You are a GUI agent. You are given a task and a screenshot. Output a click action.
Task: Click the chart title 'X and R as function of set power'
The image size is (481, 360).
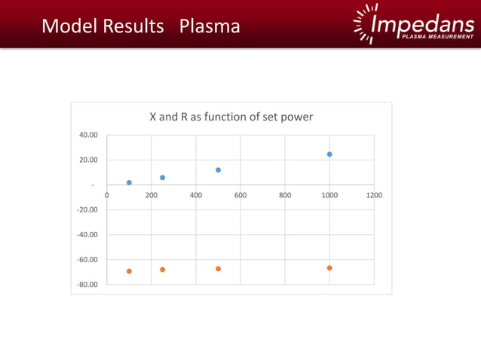(231, 117)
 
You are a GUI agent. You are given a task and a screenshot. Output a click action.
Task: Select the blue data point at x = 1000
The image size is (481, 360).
(329, 154)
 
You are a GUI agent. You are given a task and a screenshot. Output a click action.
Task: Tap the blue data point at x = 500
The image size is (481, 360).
(218, 170)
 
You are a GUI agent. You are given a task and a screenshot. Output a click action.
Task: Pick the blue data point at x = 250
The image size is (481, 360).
(162, 178)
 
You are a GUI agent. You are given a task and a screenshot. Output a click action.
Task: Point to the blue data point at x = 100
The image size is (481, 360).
(129, 182)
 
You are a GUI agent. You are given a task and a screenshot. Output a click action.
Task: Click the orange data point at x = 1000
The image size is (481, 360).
(329, 268)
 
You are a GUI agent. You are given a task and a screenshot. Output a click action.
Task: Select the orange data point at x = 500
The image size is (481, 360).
(218, 269)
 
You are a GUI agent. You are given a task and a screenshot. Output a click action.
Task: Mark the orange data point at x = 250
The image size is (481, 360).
(162, 270)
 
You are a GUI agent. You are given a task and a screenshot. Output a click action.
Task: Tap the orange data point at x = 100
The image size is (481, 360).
(129, 271)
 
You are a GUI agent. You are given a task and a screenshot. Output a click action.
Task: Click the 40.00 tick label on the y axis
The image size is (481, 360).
(89, 135)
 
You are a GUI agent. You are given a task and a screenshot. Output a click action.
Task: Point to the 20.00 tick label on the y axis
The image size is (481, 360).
(89, 160)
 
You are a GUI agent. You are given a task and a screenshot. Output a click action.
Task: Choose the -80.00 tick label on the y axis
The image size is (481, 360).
(87, 285)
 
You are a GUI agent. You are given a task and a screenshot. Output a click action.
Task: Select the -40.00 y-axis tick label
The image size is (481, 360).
(87, 234)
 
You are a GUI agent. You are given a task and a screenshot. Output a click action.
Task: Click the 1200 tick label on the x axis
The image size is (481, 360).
(374, 194)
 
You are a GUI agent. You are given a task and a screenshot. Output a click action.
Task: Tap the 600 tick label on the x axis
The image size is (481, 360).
(240, 194)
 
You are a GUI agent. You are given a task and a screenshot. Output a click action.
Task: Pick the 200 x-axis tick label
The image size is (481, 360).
(151, 194)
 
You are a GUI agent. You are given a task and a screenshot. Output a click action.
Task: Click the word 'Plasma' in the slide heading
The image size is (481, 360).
(210, 26)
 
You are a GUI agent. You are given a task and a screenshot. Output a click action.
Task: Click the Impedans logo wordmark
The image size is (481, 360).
(422, 24)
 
